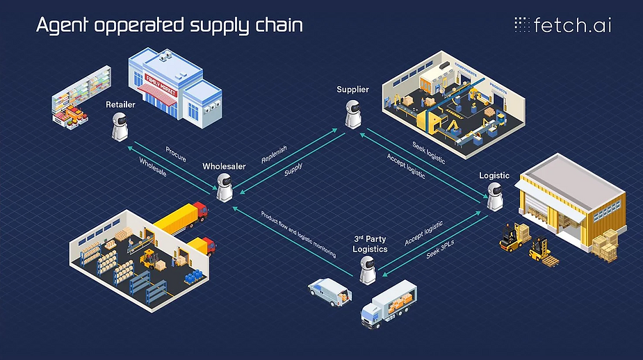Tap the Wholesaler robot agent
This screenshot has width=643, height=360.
click(x=224, y=186)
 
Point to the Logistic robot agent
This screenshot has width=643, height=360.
click(x=494, y=195)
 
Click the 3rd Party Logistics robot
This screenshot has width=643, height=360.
click(x=368, y=269)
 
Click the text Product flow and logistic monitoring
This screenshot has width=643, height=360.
click(x=298, y=234)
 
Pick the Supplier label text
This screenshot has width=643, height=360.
click(x=352, y=89)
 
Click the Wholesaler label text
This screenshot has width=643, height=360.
click(x=224, y=166)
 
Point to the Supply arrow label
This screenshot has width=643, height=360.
click(x=293, y=170)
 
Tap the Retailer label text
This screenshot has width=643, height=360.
click(x=120, y=104)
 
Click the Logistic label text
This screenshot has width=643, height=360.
click(x=494, y=175)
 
